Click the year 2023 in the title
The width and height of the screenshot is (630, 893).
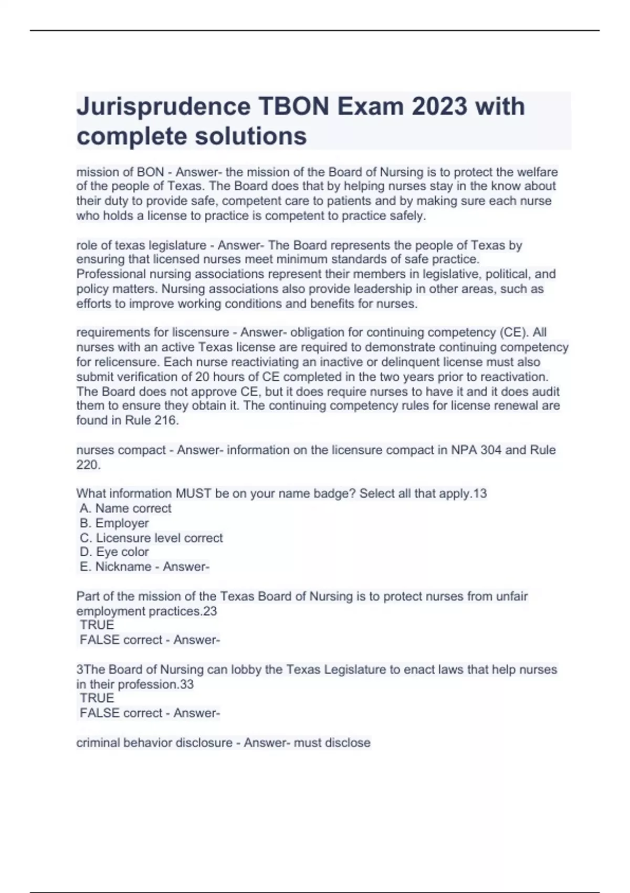pos(439,107)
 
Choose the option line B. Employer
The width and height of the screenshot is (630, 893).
pos(114,523)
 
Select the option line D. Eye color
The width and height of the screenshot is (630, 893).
pos(114,552)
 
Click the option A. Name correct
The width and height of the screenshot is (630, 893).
pos(125,508)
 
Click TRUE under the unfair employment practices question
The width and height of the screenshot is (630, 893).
pos(97,625)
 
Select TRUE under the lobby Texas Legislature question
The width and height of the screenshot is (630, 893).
pos(97,698)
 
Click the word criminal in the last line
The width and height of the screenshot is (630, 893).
pos(98,743)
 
